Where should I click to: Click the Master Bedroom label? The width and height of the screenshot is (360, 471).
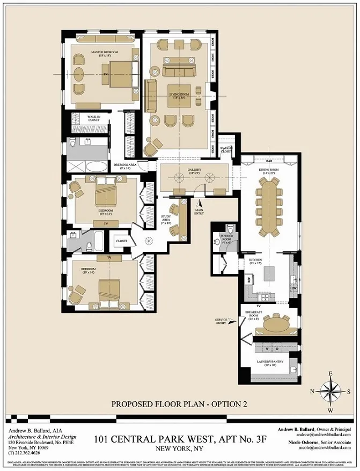(x=104, y=53)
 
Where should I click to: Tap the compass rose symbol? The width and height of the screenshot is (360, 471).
(x=331, y=389)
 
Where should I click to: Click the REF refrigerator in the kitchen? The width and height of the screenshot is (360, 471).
(x=249, y=280)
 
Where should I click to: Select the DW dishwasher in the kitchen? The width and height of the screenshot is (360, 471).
(x=293, y=288)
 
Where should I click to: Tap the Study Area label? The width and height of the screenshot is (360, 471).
(x=166, y=219)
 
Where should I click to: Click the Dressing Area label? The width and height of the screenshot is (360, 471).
(x=126, y=166)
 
